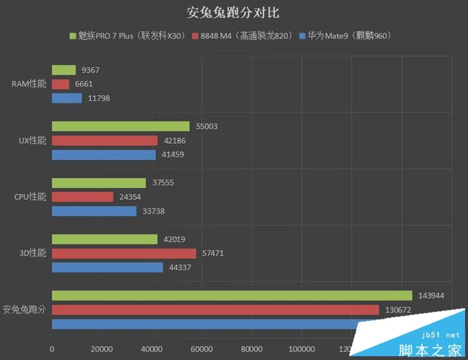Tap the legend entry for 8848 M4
(x=241, y=36)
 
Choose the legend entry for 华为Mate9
(x=345, y=36)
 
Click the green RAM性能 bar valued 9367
(x=64, y=70)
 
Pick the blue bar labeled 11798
(x=67, y=98)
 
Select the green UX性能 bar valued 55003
(x=121, y=126)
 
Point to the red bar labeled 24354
(x=82, y=197)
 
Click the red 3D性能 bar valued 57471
(x=124, y=254)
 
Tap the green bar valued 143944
(x=232, y=296)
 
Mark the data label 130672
(x=397, y=310)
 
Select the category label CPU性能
(x=30, y=197)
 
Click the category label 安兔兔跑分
(x=24, y=310)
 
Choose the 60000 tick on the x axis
(x=201, y=349)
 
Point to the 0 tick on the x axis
(x=52, y=349)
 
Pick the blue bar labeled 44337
(x=108, y=268)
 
